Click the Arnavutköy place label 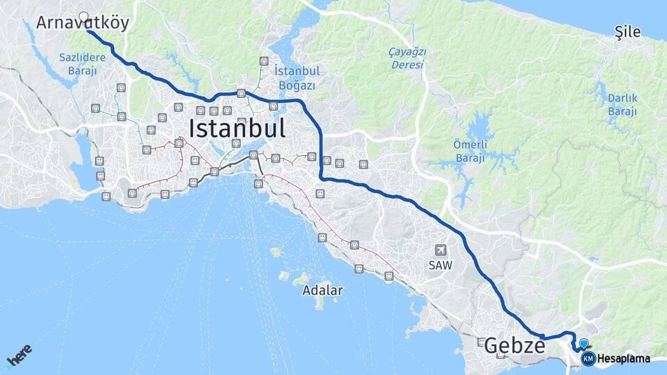coord(83,23)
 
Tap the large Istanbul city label coord(237,128)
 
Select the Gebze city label coord(514,345)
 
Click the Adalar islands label coord(322,290)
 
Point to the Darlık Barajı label coord(622,104)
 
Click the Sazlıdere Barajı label coord(82,63)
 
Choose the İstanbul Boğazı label coord(297,78)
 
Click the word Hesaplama coord(624,359)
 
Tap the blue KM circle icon coord(588,359)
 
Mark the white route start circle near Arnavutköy coord(84,17)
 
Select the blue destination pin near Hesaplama coord(584,343)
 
